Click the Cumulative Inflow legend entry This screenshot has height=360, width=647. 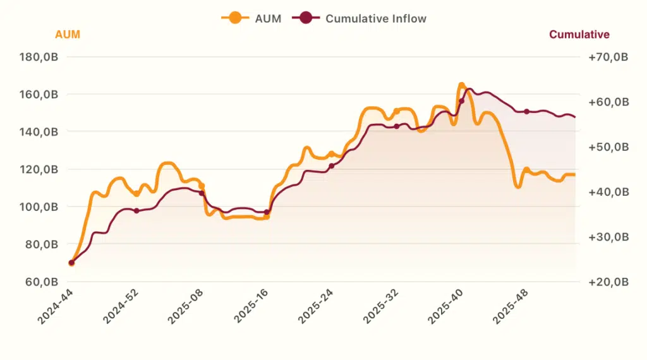(x=360, y=18)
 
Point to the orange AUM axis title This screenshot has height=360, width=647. (x=68, y=35)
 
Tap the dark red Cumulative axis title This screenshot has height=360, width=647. (x=579, y=35)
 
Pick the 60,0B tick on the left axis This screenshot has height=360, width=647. (x=42, y=282)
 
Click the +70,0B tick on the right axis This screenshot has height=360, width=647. (x=608, y=57)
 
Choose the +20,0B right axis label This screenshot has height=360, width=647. (x=608, y=282)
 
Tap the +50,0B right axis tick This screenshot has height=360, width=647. (x=608, y=147)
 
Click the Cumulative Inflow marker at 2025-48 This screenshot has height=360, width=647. (x=526, y=112)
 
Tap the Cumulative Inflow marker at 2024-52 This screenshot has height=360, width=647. (x=136, y=210)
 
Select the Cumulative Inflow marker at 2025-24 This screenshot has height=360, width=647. (x=331, y=165)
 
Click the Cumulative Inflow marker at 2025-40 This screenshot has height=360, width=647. (x=461, y=101)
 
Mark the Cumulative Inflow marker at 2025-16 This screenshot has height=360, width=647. (x=266, y=212)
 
